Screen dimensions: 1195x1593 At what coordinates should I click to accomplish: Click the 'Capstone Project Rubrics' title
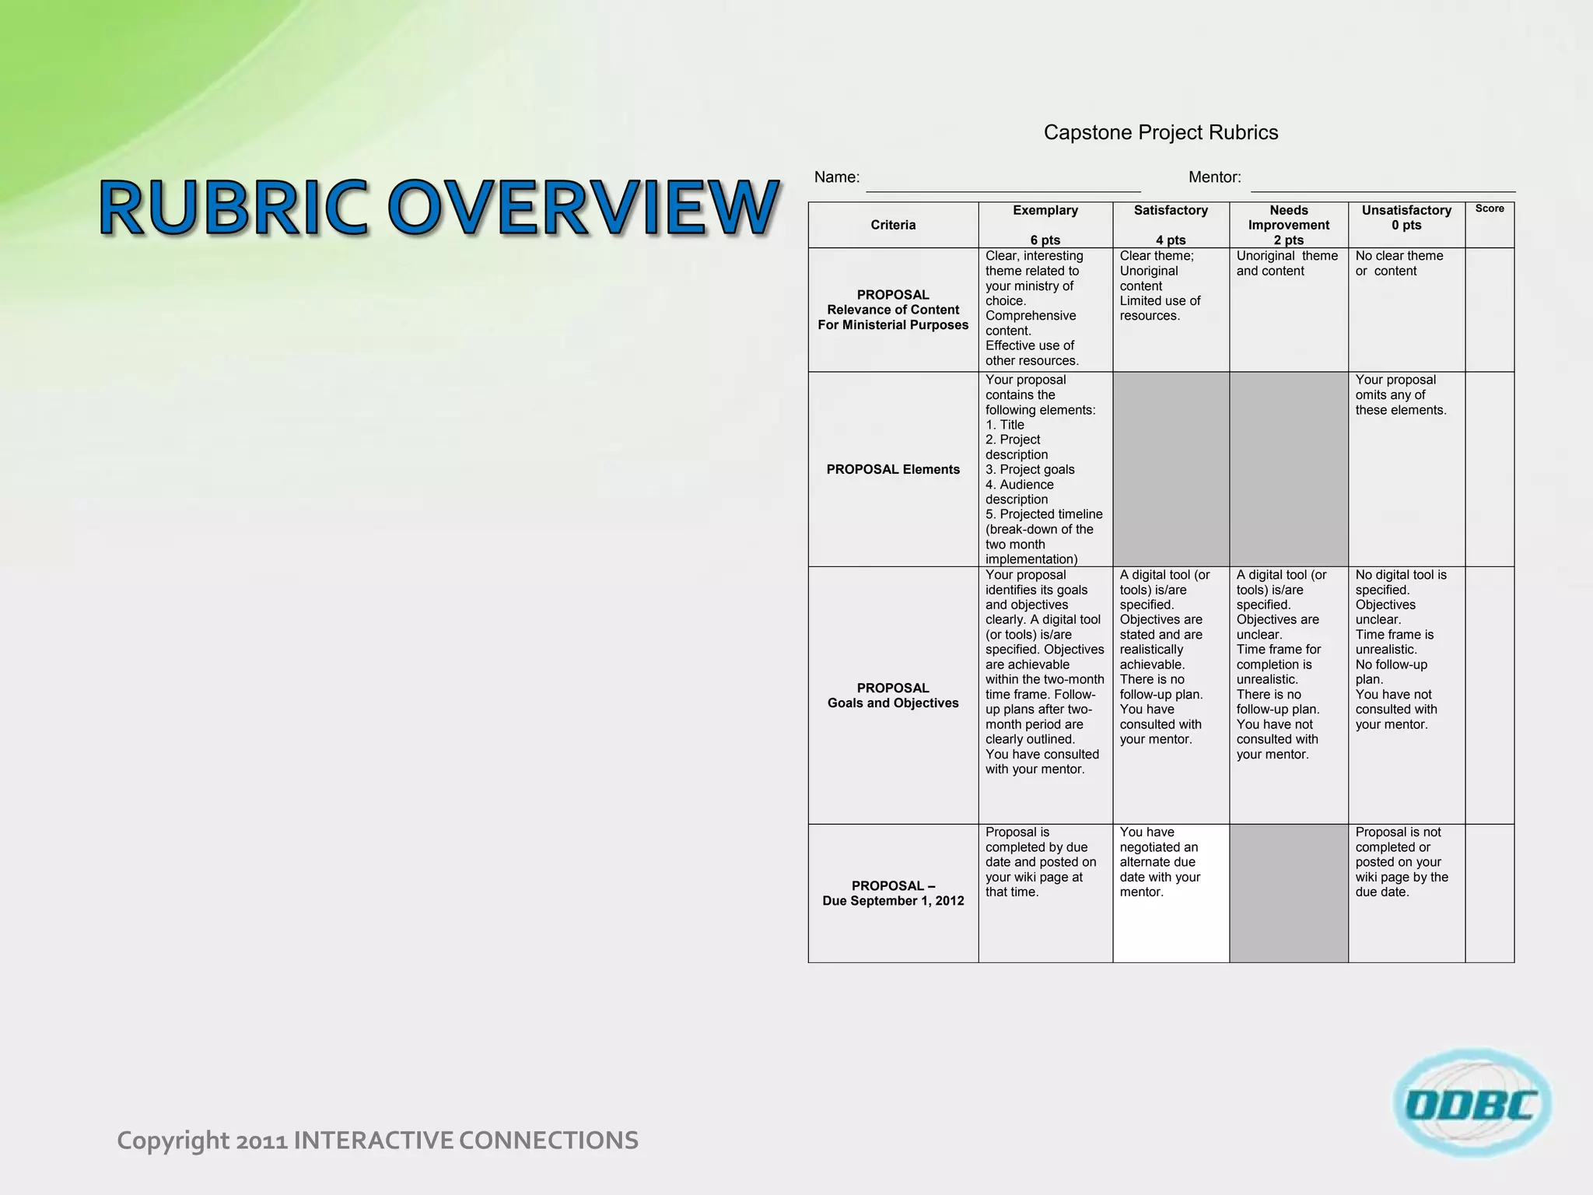click(x=1161, y=133)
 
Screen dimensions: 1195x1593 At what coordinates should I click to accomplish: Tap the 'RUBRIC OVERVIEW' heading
click(x=439, y=208)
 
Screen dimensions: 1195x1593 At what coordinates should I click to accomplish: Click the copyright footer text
click(x=377, y=1141)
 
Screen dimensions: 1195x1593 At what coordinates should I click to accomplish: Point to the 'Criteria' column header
click(x=893, y=225)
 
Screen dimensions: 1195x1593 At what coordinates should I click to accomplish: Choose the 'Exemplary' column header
click(x=1045, y=211)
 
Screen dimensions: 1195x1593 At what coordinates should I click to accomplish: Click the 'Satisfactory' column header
click(x=1171, y=211)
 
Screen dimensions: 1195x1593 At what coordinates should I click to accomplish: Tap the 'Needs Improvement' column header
click(x=1289, y=218)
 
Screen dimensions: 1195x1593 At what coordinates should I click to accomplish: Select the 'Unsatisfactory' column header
click(x=1406, y=211)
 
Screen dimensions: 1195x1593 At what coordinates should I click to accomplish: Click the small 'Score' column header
click(x=1490, y=209)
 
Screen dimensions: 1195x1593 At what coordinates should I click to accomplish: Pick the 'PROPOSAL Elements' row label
click(x=893, y=469)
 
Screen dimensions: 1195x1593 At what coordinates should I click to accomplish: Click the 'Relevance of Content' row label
click(x=893, y=310)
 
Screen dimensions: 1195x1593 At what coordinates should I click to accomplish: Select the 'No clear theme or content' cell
click(x=1399, y=264)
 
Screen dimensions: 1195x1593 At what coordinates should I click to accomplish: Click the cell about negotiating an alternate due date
click(x=1160, y=862)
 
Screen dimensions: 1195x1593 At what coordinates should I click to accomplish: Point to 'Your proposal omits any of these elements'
click(x=1400, y=395)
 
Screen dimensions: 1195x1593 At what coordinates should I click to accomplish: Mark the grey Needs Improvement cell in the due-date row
click(x=1289, y=893)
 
